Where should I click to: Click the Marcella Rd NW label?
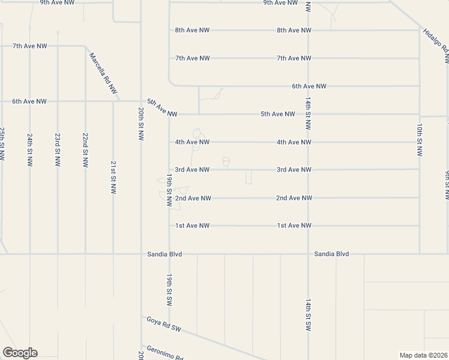click(x=103, y=73)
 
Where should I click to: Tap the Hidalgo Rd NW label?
click(x=436, y=46)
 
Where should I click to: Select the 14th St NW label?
click(x=308, y=113)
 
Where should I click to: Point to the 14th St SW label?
click(x=308, y=313)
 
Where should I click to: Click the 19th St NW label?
click(x=170, y=191)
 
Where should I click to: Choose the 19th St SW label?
click(x=170, y=289)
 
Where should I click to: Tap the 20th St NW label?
click(x=140, y=124)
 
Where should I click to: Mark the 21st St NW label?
click(x=113, y=178)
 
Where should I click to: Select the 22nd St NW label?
click(x=85, y=150)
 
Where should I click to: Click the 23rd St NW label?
click(x=58, y=150)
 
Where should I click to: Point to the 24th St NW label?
click(x=29, y=150)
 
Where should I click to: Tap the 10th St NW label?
click(x=419, y=141)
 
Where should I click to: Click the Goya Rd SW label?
click(x=164, y=324)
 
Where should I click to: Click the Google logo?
click(x=20, y=353)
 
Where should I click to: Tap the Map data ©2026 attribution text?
click(x=423, y=355)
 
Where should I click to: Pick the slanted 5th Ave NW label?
click(x=163, y=108)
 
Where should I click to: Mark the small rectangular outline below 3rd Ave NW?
click(x=249, y=177)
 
